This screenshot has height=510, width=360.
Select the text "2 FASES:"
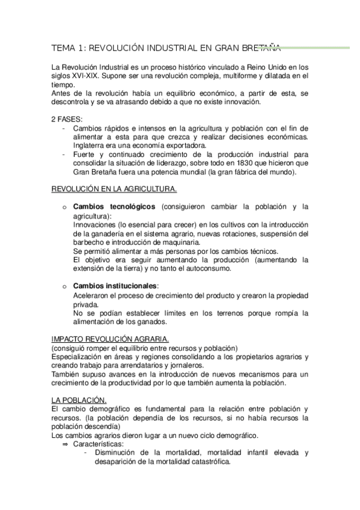(x=67, y=119)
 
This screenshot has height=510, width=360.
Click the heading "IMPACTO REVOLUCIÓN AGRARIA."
(x=111, y=339)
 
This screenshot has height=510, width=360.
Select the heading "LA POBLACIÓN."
(x=79, y=401)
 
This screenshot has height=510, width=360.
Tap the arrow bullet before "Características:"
(x=65, y=444)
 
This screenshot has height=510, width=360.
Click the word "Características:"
(x=98, y=444)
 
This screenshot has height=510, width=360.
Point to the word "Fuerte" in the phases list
(x=84, y=155)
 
